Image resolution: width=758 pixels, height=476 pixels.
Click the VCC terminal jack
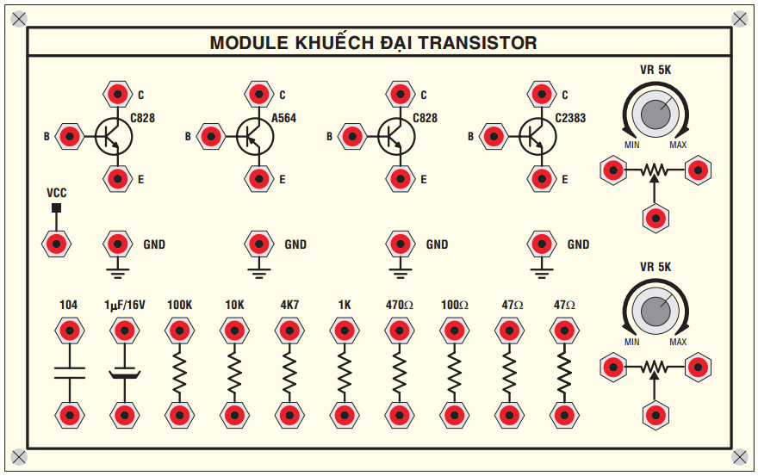[57, 244]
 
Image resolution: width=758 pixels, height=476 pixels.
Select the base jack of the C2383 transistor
[493, 135]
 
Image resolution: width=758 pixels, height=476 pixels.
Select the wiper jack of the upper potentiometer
[655, 217]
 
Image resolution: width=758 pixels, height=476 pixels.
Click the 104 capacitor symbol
[69, 372]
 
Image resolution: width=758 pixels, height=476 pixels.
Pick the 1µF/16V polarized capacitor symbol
[125, 372]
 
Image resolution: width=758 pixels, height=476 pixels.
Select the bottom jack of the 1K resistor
[345, 416]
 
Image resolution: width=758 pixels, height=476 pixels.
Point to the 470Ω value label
[399, 305]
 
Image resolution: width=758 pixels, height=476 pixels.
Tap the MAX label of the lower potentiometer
[678, 343]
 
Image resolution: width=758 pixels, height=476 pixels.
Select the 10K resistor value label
[234, 305]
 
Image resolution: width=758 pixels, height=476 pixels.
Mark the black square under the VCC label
[57, 208]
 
